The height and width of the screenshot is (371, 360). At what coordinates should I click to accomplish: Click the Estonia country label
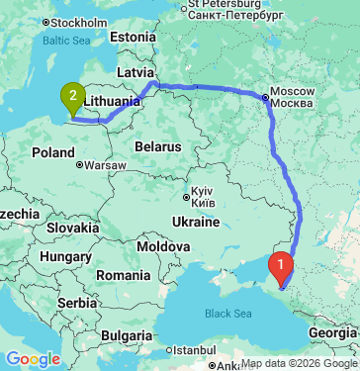134,37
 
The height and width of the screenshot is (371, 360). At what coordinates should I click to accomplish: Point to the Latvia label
135,72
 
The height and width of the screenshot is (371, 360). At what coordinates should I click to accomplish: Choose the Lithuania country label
116,101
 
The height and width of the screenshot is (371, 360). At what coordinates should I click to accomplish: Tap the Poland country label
52,152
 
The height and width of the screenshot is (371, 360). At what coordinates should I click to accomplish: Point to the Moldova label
163,245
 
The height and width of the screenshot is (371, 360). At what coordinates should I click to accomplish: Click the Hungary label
66,256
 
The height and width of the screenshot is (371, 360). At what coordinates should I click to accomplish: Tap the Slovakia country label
71,228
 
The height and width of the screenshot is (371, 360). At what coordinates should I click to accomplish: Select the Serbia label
76,301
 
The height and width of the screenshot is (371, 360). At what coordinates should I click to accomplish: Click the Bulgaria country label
131,322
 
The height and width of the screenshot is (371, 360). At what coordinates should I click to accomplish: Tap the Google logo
33,358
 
